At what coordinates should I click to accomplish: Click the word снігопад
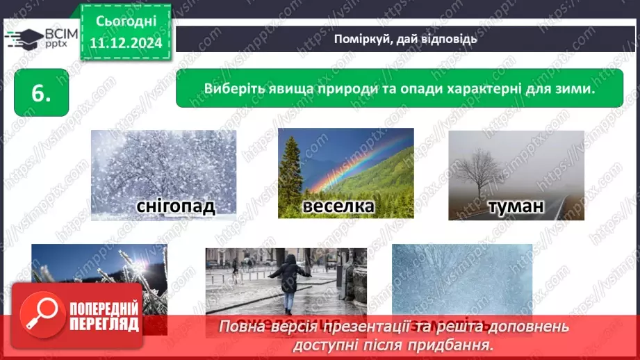tap(166, 206)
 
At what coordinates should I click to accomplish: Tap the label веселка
tap(338, 206)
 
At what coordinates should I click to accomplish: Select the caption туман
tap(516, 206)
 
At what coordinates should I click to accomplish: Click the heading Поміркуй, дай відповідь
tap(406, 38)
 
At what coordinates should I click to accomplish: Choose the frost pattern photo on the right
tap(462, 278)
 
